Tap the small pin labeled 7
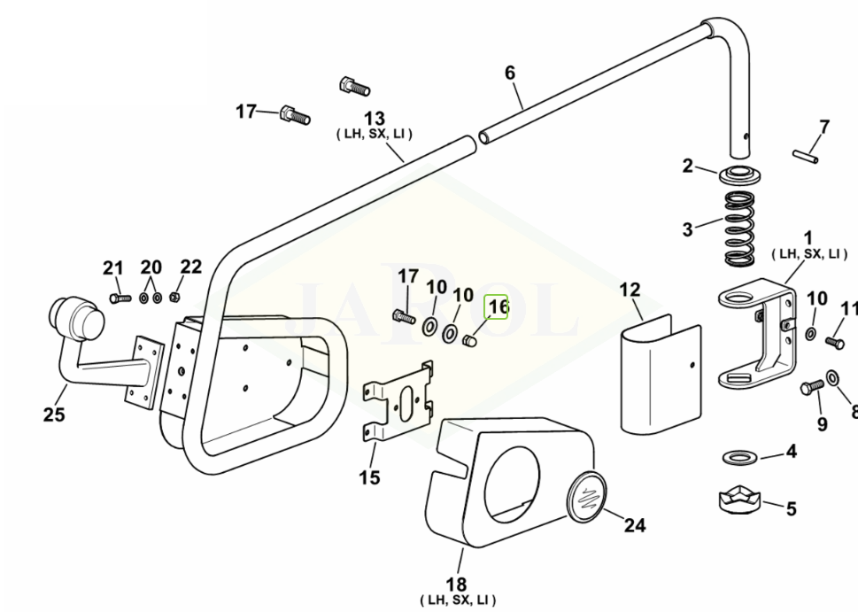(x=808, y=153)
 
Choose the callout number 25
(x=54, y=414)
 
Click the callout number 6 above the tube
(x=510, y=73)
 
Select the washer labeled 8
(x=833, y=378)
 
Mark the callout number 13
(x=375, y=118)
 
